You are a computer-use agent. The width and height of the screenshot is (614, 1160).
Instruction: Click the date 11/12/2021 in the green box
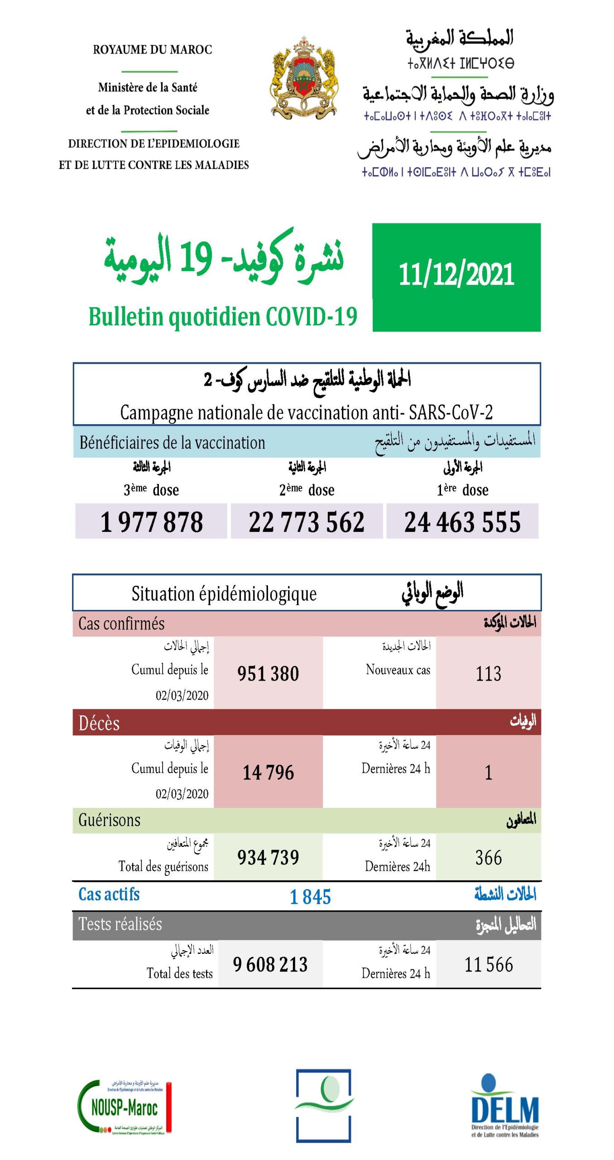click(x=456, y=275)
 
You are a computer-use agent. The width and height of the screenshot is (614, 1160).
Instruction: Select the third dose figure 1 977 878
click(x=151, y=522)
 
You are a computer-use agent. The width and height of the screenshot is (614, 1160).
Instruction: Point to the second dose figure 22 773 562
click(x=307, y=522)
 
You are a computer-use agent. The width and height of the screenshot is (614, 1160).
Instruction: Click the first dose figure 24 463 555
click(x=462, y=522)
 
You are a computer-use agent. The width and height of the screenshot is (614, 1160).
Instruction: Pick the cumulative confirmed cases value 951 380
click(x=268, y=673)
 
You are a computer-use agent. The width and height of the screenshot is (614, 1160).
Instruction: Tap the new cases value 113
click(x=488, y=673)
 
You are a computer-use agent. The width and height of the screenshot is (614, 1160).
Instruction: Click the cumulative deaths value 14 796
click(x=268, y=772)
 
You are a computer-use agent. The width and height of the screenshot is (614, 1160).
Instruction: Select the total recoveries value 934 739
click(x=268, y=857)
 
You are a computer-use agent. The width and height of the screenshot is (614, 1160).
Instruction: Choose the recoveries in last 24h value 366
click(x=488, y=857)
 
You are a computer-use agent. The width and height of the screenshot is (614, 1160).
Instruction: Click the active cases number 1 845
click(x=310, y=897)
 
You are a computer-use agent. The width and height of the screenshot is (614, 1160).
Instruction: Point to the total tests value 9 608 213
click(x=270, y=964)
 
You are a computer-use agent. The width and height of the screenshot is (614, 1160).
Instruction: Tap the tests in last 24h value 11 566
click(x=489, y=964)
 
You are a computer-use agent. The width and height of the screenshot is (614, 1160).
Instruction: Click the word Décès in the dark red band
click(x=99, y=723)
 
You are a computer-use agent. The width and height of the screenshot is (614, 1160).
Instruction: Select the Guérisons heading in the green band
click(x=110, y=820)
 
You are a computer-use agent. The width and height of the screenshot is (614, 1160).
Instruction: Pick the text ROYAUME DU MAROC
click(x=153, y=50)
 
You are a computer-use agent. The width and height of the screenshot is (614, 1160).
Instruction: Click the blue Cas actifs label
click(x=109, y=894)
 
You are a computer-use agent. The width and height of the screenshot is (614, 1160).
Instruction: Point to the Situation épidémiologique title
click(x=224, y=594)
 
